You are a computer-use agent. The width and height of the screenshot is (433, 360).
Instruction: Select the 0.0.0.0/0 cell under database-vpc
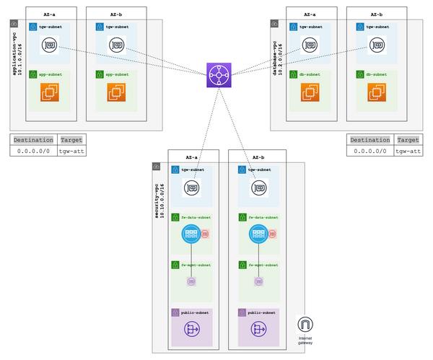[x=369, y=151]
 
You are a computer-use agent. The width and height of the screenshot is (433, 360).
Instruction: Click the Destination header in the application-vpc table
[x=33, y=140]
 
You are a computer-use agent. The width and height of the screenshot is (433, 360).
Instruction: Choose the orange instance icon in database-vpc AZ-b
[x=376, y=92]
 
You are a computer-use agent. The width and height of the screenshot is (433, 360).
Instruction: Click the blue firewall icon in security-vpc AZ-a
[x=191, y=233]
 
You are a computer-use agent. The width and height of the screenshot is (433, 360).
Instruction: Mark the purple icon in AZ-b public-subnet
[x=258, y=328]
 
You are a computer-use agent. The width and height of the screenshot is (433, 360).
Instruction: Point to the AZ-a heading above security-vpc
[x=191, y=156]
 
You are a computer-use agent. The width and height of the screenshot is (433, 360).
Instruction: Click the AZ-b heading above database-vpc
[x=376, y=14]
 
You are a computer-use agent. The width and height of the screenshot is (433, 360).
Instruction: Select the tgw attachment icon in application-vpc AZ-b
[x=117, y=45]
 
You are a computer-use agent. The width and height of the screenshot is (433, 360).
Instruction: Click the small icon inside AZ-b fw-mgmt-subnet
[x=258, y=282]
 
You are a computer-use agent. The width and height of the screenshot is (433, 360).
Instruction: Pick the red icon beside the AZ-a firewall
[x=205, y=233]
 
